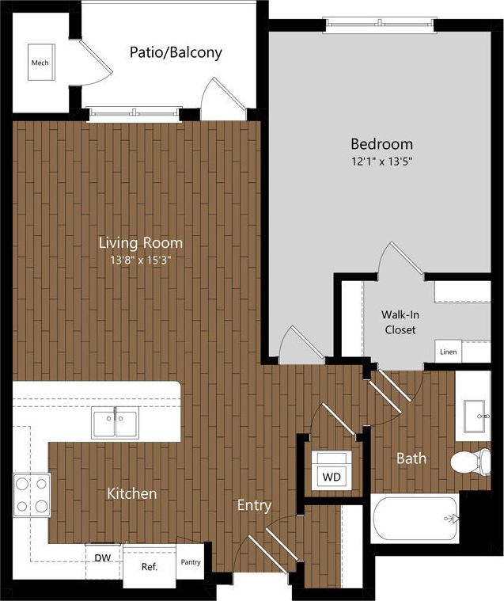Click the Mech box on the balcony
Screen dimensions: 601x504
(40, 63)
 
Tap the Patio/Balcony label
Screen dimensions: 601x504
(176, 53)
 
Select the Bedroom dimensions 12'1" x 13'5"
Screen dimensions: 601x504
(382, 161)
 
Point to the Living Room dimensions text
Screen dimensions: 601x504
(140, 259)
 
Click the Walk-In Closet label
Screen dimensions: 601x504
(400, 322)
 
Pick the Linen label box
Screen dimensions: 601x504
(449, 351)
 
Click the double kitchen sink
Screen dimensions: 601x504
(115, 421)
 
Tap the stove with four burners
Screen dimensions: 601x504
(31, 495)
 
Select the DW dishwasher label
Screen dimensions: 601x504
(102, 558)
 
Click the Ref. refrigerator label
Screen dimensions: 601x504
(149, 567)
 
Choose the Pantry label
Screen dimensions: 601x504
(190, 563)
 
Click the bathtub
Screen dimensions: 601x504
(415, 519)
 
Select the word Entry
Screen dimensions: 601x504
(254, 505)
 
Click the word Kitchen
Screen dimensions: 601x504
(132, 494)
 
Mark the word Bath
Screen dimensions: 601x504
(411, 458)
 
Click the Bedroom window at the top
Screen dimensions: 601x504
(379, 23)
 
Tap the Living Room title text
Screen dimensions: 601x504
(140, 242)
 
